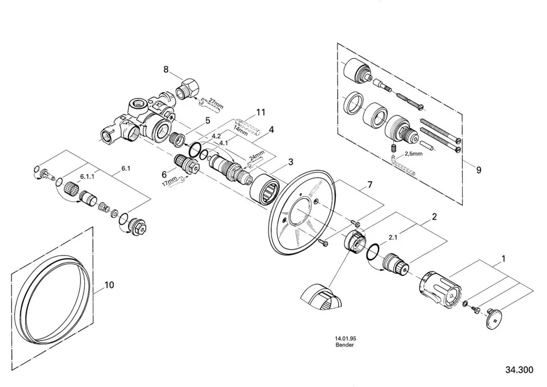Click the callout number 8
(x=166, y=70)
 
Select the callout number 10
(x=109, y=285)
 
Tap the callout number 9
(x=479, y=170)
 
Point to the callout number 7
(x=370, y=184)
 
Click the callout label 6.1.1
(x=88, y=177)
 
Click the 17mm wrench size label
(x=170, y=182)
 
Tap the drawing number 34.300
(x=519, y=369)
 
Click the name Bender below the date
(x=345, y=345)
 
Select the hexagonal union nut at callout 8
(x=187, y=88)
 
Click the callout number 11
(x=260, y=112)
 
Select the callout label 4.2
(x=216, y=136)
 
